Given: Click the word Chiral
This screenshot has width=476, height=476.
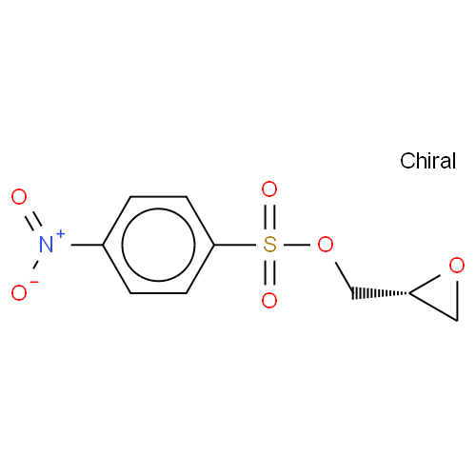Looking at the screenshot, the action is click(x=427, y=161).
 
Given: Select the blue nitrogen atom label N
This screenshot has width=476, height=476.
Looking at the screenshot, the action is click(x=47, y=245).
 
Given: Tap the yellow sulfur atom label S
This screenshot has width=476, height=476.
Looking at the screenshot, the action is click(x=269, y=245).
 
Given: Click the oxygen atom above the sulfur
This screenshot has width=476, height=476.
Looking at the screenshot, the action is click(x=269, y=189).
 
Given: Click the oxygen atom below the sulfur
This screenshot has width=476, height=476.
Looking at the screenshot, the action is click(x=269, y=300).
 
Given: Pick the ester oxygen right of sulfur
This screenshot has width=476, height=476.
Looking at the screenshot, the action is click(x=326, y=245).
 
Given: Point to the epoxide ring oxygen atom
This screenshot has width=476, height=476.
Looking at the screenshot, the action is click(x=457, y=266).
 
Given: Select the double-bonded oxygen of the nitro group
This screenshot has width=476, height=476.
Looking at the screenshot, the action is click(x=19, y=197).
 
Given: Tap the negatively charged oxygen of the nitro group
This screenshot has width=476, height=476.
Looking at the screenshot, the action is click(x=19, y=292).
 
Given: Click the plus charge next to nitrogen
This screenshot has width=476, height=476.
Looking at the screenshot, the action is click(x=60, y=234).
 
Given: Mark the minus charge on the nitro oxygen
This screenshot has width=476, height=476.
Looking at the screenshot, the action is click(x=34, y=282).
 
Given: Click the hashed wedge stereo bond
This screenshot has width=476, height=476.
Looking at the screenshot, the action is click(x=381, y=293).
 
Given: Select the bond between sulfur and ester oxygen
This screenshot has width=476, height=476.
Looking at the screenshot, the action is click(x=297, y=245).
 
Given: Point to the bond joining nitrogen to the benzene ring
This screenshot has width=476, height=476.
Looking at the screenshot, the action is click(x=87, y=245).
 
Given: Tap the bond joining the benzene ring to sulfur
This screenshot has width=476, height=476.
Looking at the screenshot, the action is click(x=235, y=245).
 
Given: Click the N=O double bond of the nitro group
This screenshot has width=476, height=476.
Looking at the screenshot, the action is click(x=33, y=220).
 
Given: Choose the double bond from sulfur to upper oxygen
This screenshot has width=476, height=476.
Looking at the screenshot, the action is click(x=269, y=217).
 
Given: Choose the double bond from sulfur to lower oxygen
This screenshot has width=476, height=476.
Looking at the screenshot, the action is click(x=269, y=272).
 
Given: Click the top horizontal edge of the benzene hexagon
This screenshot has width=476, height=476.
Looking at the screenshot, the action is click(x=158, y=197).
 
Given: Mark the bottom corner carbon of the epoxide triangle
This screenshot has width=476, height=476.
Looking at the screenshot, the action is click(x=457, y=321).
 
